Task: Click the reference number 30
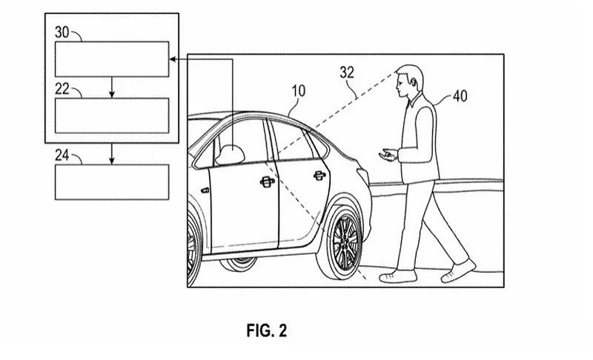(62, 32)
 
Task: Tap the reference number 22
(62, 89)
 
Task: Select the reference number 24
(62, 155)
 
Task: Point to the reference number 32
(347, 72)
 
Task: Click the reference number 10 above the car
(299, 90)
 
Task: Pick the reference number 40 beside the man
(460, 96)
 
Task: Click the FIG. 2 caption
(267, 330)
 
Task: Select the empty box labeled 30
(112, 59)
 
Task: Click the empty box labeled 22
(112, 116)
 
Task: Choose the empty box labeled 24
(112, 182)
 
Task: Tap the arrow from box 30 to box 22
(112, 87)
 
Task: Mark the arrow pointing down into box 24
(112, 154)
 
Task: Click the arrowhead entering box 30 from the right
(173, 59)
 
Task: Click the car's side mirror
(230, 155)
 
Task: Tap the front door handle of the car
(268, 182)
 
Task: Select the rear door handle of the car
(319, 176)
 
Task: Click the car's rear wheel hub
(345, 242)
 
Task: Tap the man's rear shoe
(458, 271)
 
